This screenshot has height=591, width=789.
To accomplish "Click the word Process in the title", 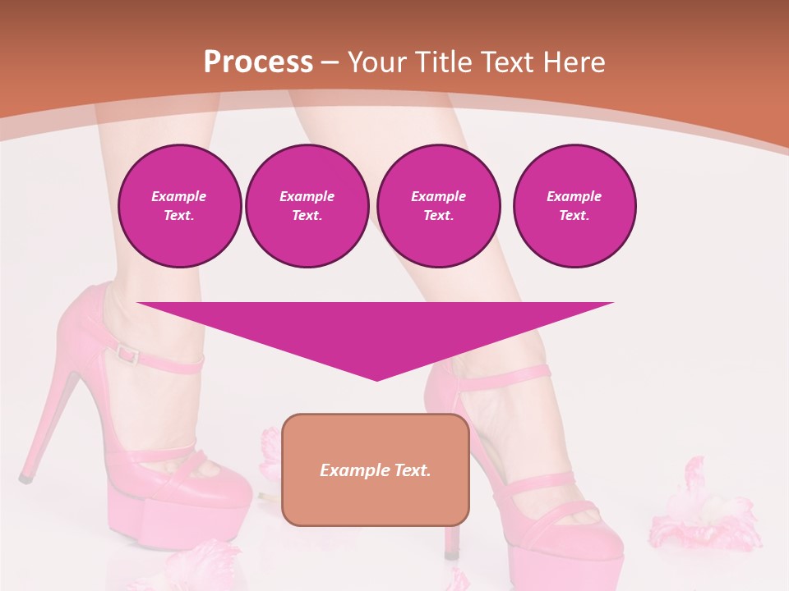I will tap(258, 62).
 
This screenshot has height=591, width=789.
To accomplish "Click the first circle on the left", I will tap(180, 206).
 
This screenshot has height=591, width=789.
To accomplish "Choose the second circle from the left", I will tap(307, 206).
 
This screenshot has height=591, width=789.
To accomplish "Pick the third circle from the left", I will tap(439, 206).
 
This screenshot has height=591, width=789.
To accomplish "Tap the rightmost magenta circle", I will tap(574, 206).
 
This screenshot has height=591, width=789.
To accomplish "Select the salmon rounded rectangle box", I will tap(376, 470).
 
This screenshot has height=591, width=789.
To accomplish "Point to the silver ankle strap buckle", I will tap(127, 354).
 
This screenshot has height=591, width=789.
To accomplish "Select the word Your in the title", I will tap(377, 62).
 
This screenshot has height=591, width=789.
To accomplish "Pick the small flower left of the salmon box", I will tap(269, 451).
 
